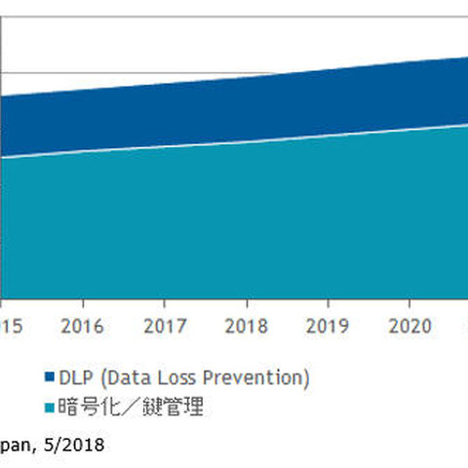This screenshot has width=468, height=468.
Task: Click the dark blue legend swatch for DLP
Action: pyautogui.click(x=49, y=377)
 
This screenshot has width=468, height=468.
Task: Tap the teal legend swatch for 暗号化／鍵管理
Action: pyautogui.click(x=49, y=408)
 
